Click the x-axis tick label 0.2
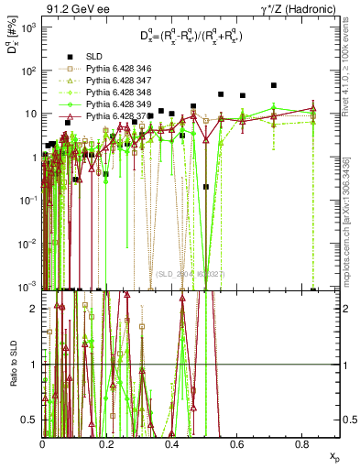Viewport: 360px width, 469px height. coord(108,443)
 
